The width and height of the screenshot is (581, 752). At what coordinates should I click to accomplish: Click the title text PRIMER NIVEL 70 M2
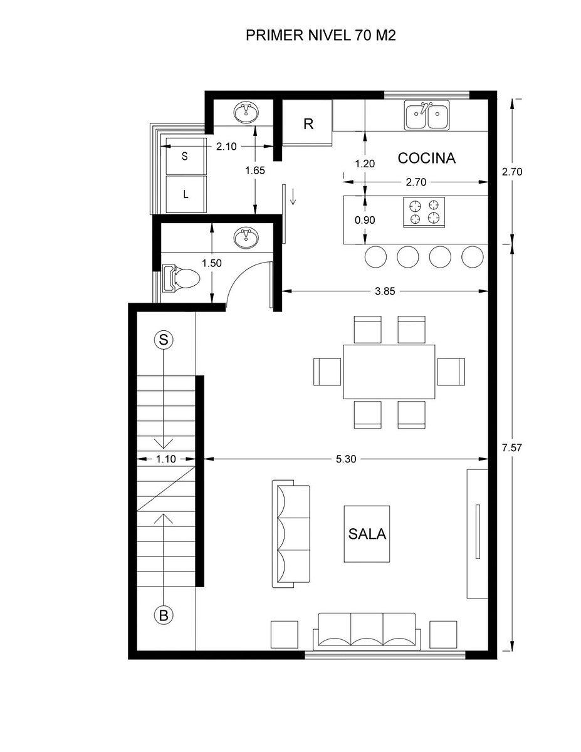tap(320, 36)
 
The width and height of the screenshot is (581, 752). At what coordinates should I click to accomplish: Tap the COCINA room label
tap(426, 158)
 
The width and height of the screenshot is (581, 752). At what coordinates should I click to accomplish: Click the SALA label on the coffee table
tap(367, 534)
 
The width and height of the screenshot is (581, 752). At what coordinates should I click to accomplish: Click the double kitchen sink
tap(427, 115)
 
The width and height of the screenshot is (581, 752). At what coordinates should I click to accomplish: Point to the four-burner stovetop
tap(424, 212)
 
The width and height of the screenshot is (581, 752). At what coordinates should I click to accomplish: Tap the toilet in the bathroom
tap(181, 278)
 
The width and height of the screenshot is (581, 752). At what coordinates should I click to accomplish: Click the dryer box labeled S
tap(186, 156)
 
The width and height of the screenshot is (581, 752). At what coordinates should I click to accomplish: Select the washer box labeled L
tap(186, 194)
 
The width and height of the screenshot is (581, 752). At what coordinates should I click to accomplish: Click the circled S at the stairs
tap(164, 340)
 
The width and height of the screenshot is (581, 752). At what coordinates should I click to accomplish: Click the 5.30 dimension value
tap(346, 459)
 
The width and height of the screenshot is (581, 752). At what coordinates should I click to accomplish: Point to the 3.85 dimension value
tap(385, 291)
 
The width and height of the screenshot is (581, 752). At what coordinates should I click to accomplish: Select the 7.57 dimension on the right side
tap(512, 448)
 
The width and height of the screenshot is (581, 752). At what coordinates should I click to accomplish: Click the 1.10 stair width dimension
tap(166, 459)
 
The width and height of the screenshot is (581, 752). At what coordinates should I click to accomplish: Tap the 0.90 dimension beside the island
tap(365, 220)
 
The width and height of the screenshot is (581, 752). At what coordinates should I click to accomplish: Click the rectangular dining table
tap(389, 372)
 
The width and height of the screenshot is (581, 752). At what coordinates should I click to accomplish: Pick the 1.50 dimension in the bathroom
tap(212, 263)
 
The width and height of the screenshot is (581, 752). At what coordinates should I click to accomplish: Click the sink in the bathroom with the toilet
tap(246, 238)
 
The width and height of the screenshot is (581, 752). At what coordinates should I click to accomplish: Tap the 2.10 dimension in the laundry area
tap(226, 147)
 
